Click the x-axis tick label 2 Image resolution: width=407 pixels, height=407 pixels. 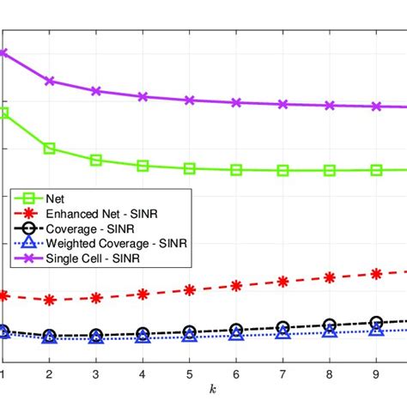[49, 374]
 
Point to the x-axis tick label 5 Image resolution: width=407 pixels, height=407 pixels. [189, 374]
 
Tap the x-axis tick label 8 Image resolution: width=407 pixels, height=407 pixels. [329, 374]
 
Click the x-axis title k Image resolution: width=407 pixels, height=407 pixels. [212, 391]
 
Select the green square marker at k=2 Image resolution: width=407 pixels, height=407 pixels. [49, 149]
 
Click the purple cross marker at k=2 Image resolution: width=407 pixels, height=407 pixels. [49, 81]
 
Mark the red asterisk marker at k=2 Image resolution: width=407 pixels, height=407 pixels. [49, 300]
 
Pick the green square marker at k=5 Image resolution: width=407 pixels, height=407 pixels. [189, 168]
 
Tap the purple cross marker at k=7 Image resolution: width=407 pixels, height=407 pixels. [282, 104]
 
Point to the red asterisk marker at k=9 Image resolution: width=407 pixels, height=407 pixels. [376, 274]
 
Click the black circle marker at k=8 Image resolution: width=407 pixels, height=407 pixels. [329, 325]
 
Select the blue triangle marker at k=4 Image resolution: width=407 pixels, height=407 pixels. [143, 337]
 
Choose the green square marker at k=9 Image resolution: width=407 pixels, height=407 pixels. [376, 170]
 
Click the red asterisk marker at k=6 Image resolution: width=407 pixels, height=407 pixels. [236, 286]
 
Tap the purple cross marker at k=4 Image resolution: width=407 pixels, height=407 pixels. [143, 96]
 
